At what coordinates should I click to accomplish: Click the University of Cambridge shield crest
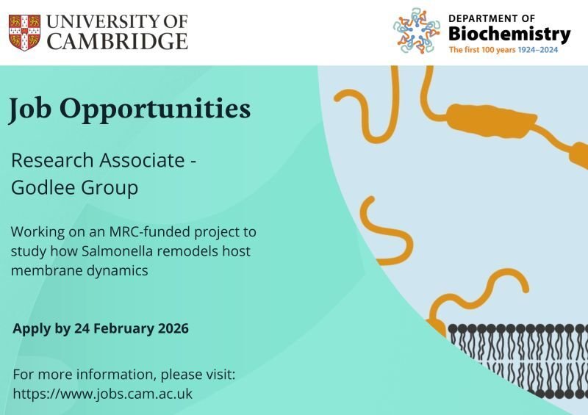pyautogui.click(x=24, y=32)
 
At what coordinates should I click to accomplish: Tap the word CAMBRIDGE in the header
pyautogui.click(x=117, y=42)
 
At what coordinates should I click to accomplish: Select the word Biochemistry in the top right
pyautogui.click(x=509, y=34)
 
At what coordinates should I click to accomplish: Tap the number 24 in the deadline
pyautogui.click(x=82, y=328)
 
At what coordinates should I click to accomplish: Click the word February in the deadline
pyautogui.click(x=124, y=328)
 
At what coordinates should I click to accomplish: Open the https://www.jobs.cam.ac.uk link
pyautogui.click(x=103, y=394)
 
